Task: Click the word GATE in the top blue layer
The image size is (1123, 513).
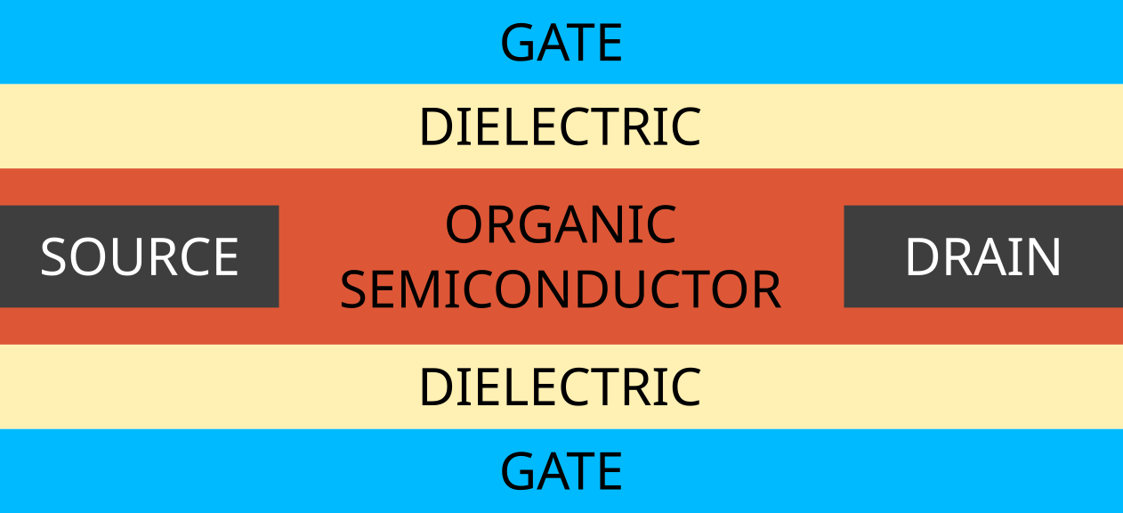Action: click(x=561, y=43)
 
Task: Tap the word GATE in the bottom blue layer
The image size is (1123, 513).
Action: click(x=561, y=471)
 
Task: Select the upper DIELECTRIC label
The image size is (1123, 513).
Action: click(x=560, y=127)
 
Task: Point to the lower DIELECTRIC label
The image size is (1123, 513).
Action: click(x=560, y=387)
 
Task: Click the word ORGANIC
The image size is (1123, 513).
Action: click(x=561, y=224)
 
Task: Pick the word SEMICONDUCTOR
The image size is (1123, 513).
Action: click(x=561, y=289)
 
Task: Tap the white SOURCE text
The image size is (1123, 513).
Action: click(x=140, y=257)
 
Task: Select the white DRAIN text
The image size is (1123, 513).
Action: click(x=982, y=257)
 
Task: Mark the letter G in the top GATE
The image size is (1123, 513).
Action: click(x=518, y=43)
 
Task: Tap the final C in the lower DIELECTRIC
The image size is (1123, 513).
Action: click(x=684, y=387)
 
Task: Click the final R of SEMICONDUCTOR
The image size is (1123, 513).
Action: click(x=767, y=289)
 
